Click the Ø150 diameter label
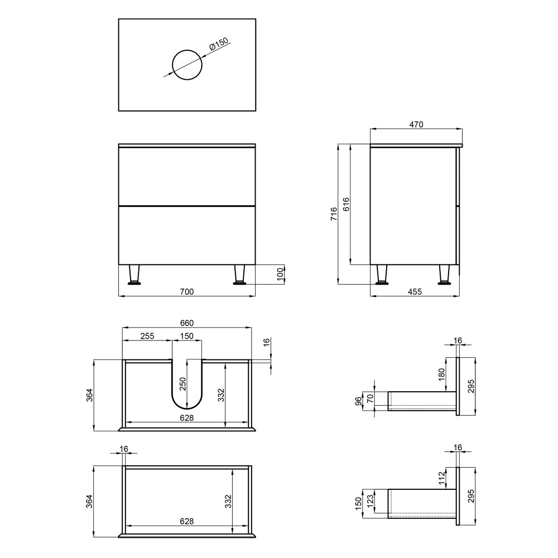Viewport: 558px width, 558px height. point(219,44)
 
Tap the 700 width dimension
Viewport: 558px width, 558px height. point(187,292)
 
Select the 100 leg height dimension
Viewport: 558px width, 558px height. point(281,275)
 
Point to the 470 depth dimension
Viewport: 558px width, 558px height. point(416,124)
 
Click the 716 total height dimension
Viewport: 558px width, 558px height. point(334,214)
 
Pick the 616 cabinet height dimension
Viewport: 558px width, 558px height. point(346,204)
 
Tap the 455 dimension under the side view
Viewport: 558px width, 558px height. point(415,292)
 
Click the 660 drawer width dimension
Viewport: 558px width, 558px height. point(187,323)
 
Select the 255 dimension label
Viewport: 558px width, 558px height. point(147,336)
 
